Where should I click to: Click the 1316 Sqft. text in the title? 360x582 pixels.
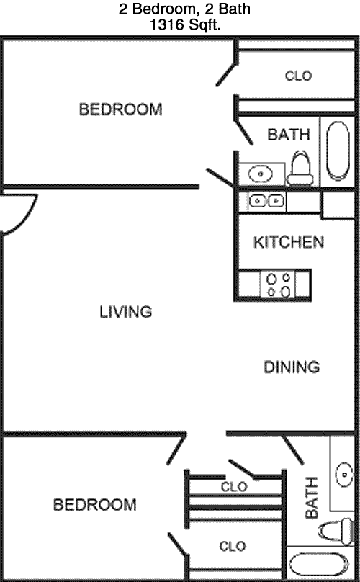[x=185, y=25]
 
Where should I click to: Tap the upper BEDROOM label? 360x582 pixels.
[x=121, y=109]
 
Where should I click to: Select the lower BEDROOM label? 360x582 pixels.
[x=94, y=505]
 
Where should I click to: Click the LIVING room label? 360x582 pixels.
[x=126, y=312]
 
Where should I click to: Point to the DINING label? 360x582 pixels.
[x=292, y=367]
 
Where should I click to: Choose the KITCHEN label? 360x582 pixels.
[x=289, y=242]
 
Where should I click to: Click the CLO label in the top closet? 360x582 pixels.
[x=298, y=76]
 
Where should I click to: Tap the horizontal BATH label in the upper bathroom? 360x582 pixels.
[x=289, y=135]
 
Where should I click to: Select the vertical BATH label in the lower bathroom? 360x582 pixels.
[x=312, y=498]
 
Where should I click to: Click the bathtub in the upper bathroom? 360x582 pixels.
[x=338, y=151]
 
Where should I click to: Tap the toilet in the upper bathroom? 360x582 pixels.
[x=300, y=168]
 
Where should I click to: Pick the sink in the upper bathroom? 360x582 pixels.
[x=260, y=174]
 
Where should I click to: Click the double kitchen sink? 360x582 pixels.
[x=266, y=201]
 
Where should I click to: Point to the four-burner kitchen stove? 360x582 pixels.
[x=278, y=284]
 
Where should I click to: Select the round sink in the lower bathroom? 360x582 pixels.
[x=344, y=475]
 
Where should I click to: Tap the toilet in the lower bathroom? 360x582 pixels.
[x=336, y=532]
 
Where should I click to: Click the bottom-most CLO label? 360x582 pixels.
[x=233, y=547]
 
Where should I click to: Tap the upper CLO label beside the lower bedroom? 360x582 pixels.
[x=234, y=487]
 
